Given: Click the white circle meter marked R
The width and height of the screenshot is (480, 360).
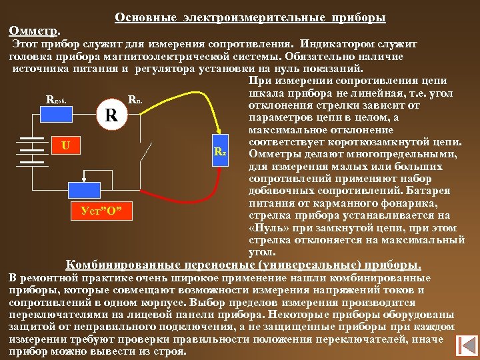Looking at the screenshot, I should pos(113,115).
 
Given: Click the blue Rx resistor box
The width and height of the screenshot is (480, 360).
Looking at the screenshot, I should pos(220,152).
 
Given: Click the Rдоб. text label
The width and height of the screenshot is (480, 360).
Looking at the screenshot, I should pos(55,101).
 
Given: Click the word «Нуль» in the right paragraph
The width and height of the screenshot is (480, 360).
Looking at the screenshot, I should pos(267,227).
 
